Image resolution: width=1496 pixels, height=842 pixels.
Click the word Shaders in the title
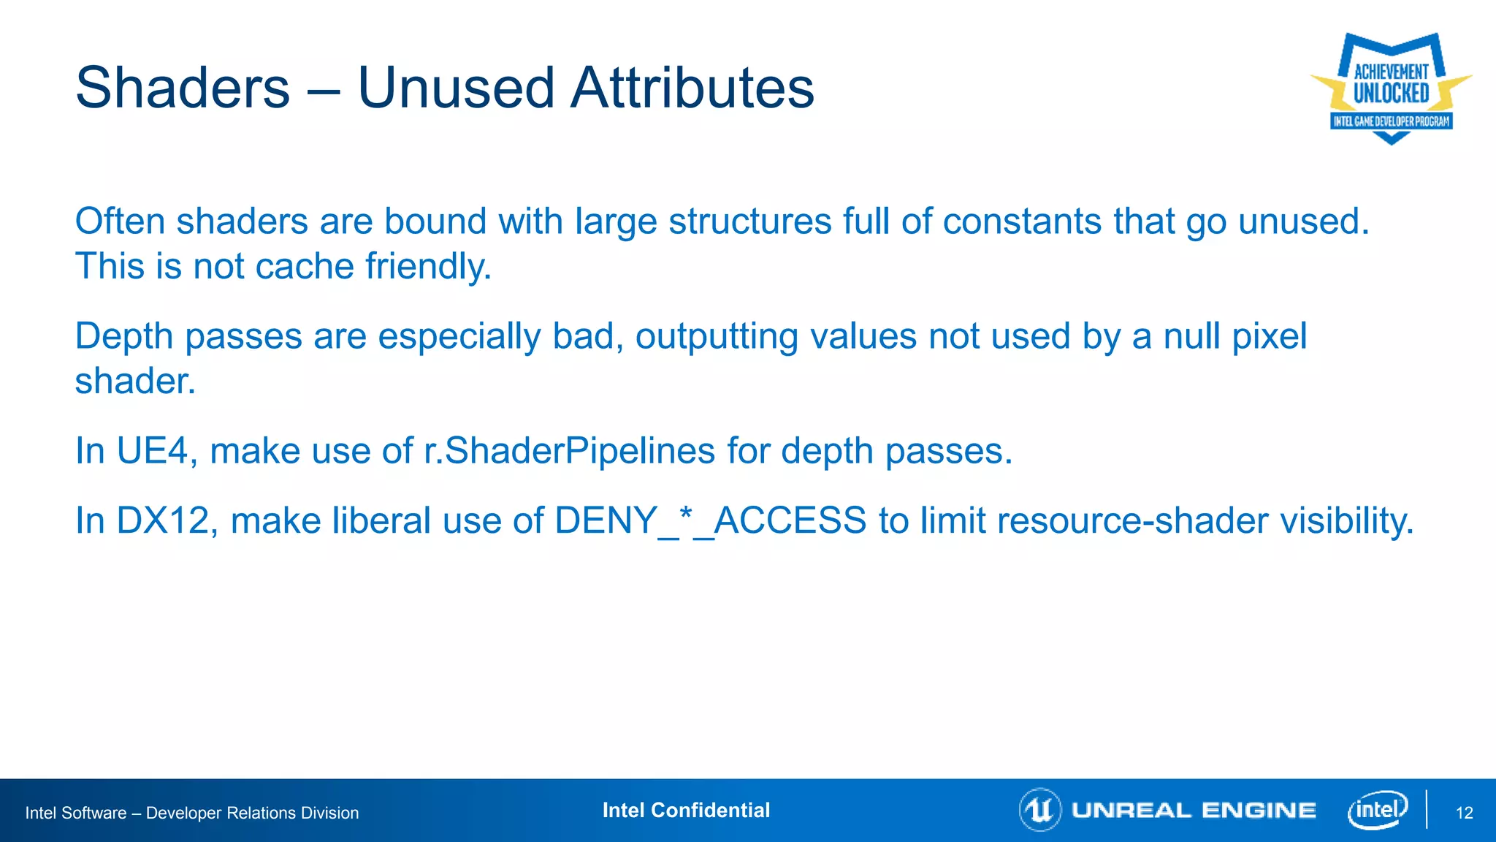(183, 88)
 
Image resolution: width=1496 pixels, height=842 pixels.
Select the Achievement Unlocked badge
(1391, 88)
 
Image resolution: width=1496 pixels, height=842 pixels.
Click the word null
(1191, 336)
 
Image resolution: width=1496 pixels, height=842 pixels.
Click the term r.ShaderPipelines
(569, 450)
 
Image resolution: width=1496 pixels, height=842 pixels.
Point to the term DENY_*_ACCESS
(710, 521)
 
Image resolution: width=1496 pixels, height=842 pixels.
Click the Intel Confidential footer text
(686, 810)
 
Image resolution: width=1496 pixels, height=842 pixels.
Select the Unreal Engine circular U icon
(1039, 810)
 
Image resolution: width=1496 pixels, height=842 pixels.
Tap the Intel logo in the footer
(1378, 810)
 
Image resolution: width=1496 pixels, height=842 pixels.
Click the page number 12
(1464, 813)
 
